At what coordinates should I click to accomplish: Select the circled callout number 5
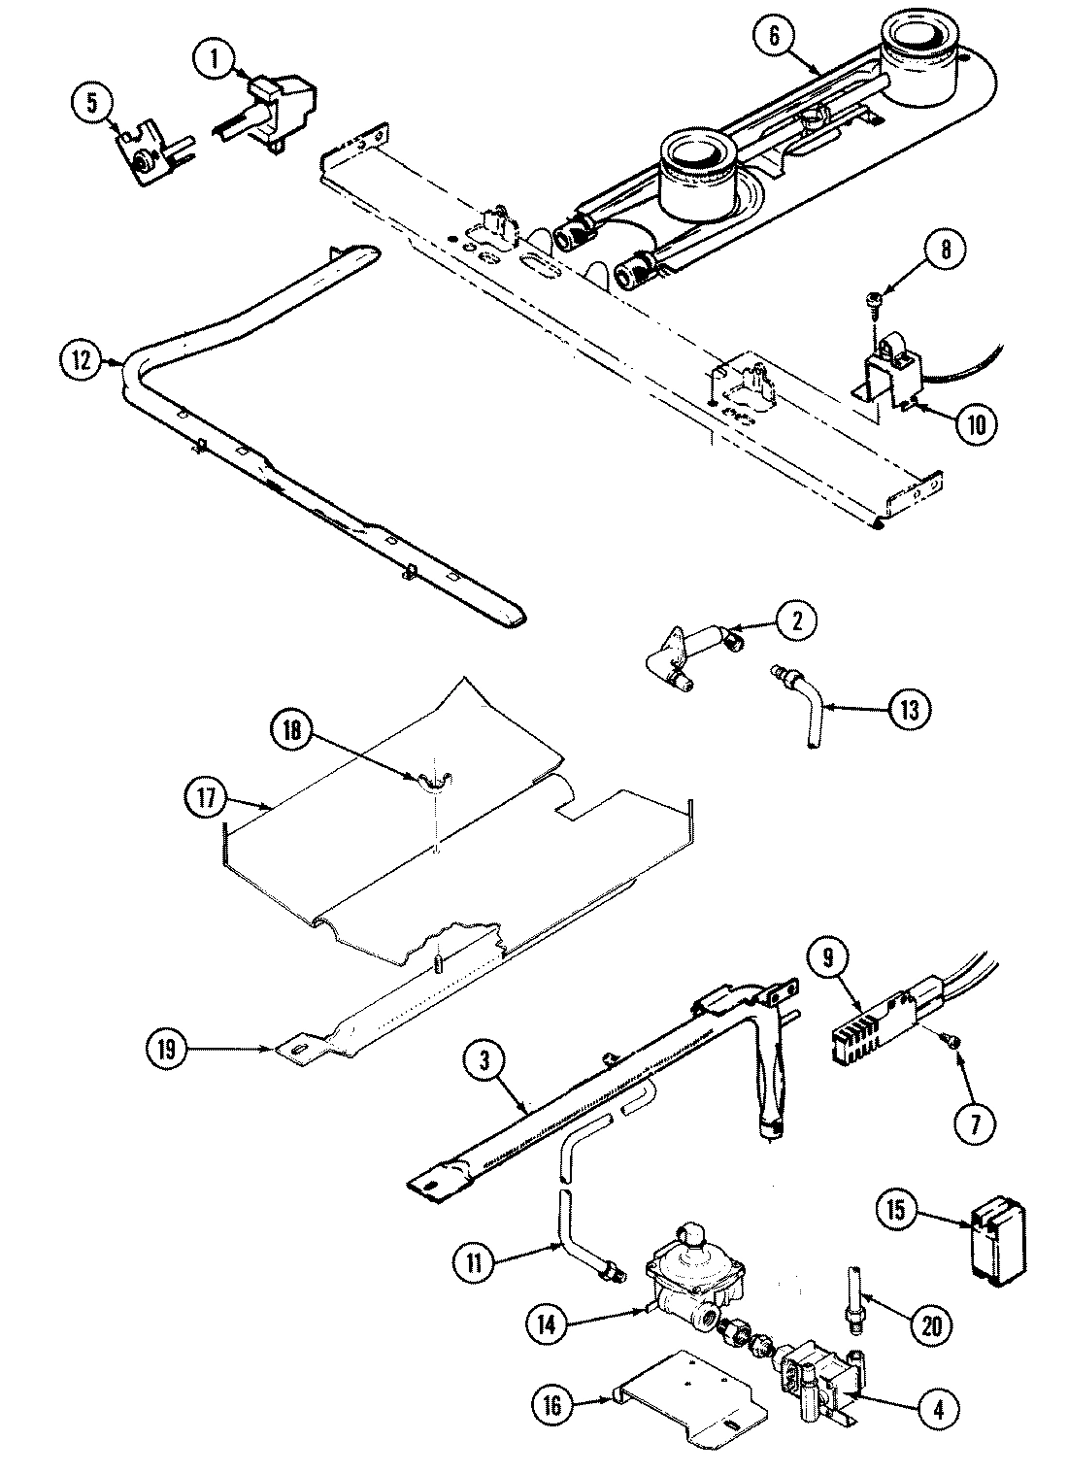click(x=91, y=104)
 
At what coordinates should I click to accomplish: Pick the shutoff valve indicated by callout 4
click(x=820, y=1380)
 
